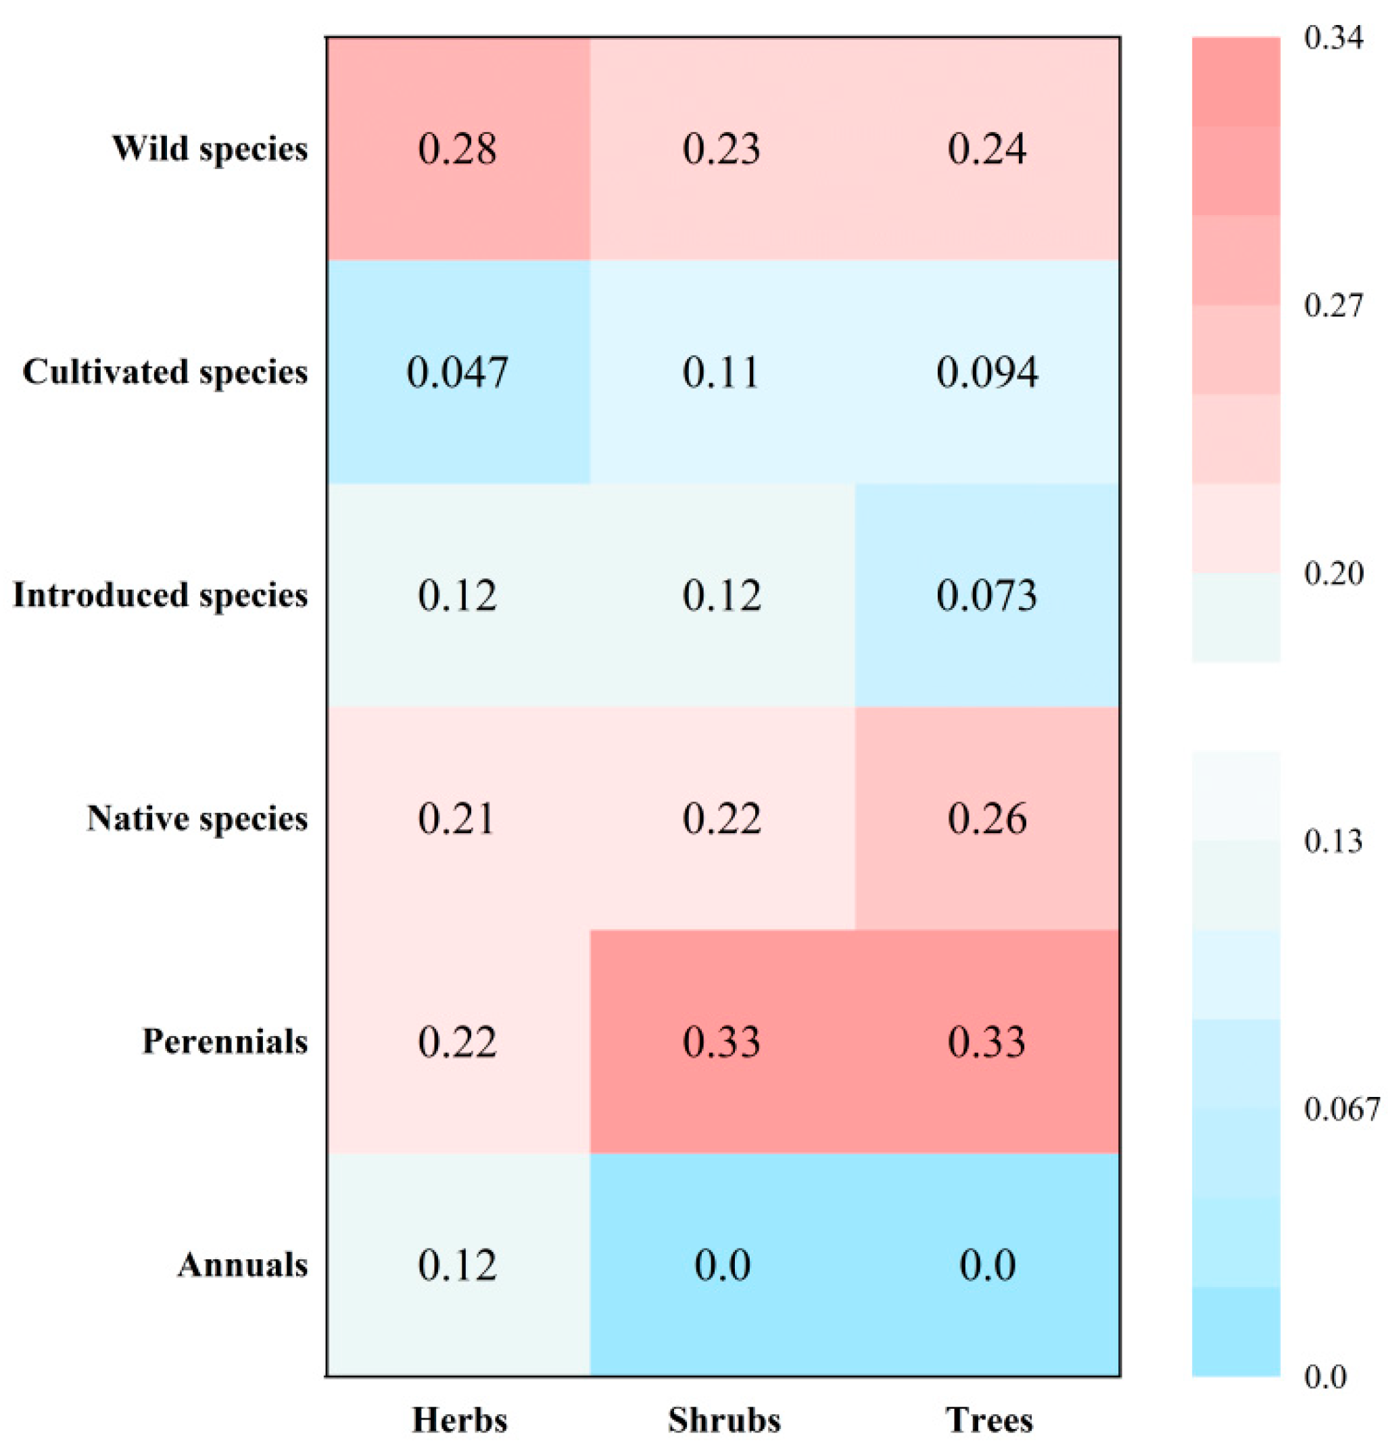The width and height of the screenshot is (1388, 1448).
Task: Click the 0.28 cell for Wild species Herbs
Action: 456,149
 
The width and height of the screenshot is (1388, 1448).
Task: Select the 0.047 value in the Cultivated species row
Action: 456,371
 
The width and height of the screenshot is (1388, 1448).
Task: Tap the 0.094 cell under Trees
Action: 987,371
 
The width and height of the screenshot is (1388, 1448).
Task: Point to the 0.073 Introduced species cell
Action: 987,595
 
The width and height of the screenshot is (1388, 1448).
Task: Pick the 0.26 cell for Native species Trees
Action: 987,818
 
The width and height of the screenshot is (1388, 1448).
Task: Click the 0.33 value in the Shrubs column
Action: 721,1042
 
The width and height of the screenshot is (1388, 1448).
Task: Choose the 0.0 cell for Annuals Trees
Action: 987,1265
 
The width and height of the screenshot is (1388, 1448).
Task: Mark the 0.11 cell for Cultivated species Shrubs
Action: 721,371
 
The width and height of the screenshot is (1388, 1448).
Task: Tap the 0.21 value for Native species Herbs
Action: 456,818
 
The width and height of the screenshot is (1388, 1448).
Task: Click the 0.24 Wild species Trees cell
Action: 987,149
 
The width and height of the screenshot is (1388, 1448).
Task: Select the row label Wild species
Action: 210,149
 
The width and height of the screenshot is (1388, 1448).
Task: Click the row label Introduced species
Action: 160,595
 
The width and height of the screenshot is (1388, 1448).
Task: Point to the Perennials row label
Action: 224,1042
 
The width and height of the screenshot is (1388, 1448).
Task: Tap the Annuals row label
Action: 242,1265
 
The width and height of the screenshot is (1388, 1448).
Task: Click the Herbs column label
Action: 460,1420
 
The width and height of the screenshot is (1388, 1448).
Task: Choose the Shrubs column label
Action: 724,1420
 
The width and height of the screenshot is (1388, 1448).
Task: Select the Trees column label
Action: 989,1420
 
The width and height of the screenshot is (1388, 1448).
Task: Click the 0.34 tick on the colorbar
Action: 1333,38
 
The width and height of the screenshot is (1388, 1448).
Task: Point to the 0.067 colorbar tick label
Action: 1341,1109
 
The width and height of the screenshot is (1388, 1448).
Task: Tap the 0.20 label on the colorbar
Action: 1333,574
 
